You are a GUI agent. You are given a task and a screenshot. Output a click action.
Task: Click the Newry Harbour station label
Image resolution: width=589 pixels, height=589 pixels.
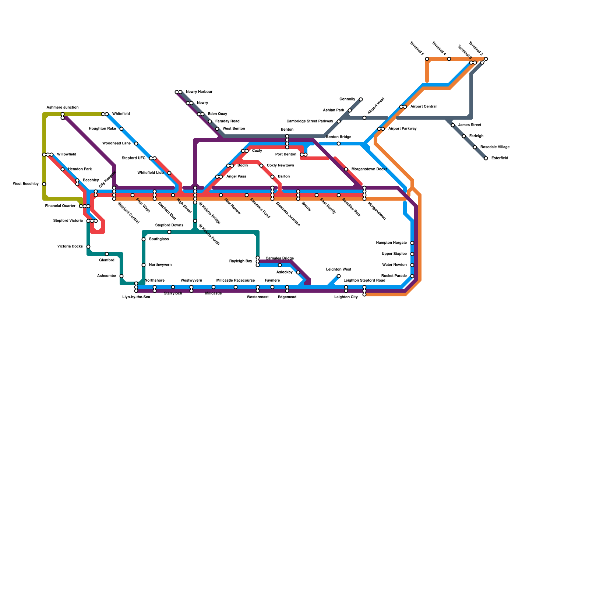[x=199, y=92]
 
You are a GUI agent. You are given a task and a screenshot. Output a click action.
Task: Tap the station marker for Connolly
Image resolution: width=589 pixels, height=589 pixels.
[x=361, y=99]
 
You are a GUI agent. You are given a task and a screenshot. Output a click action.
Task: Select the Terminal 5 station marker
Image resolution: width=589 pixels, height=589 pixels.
[x=427, y=59]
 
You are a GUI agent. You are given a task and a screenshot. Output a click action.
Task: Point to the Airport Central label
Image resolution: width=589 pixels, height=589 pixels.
[x=423, y=107]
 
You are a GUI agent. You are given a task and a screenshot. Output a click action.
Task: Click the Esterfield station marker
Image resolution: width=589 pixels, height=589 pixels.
[x=486, y=158]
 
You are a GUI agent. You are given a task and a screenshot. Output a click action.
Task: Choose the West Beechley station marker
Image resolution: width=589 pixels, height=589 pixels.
[x=44, y=184]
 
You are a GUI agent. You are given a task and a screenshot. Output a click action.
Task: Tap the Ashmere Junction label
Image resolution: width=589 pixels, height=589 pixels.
[x=63, y=107]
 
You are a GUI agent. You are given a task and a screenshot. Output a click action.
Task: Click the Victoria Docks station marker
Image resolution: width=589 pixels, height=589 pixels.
[x=88, y=247]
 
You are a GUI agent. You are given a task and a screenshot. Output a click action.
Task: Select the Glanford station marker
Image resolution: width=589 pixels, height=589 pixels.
[x=107, y=254]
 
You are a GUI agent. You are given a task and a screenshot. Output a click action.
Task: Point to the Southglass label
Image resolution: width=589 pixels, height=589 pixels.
[x=159, y=239]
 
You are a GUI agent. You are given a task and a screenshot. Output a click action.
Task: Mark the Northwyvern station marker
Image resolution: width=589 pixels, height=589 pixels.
[x=144, y=265]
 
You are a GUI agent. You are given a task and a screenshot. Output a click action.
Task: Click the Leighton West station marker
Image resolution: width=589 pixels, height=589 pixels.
[x=339, y=276]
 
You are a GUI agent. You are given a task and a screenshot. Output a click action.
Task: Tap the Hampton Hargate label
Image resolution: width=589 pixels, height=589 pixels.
[x=391, y=243]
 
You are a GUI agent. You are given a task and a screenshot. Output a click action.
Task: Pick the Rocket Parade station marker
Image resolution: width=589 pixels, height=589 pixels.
[x=412, y=276]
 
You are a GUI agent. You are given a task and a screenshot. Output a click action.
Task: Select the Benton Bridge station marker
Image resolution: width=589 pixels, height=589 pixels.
[x=339, y=144]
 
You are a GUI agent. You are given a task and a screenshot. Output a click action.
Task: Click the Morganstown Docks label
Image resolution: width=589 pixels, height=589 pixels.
[x=369, y=169]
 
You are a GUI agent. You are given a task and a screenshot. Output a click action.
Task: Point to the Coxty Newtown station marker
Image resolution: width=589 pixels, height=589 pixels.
[x=261, y=166]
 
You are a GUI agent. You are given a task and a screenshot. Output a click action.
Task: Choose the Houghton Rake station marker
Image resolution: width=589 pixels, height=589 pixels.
[x=121, y=129]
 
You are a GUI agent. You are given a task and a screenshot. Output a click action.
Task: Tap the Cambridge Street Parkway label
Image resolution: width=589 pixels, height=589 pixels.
[x=310, y=121]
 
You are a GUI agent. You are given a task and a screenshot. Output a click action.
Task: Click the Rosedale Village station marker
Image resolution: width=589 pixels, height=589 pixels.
[x=475, y=147]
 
